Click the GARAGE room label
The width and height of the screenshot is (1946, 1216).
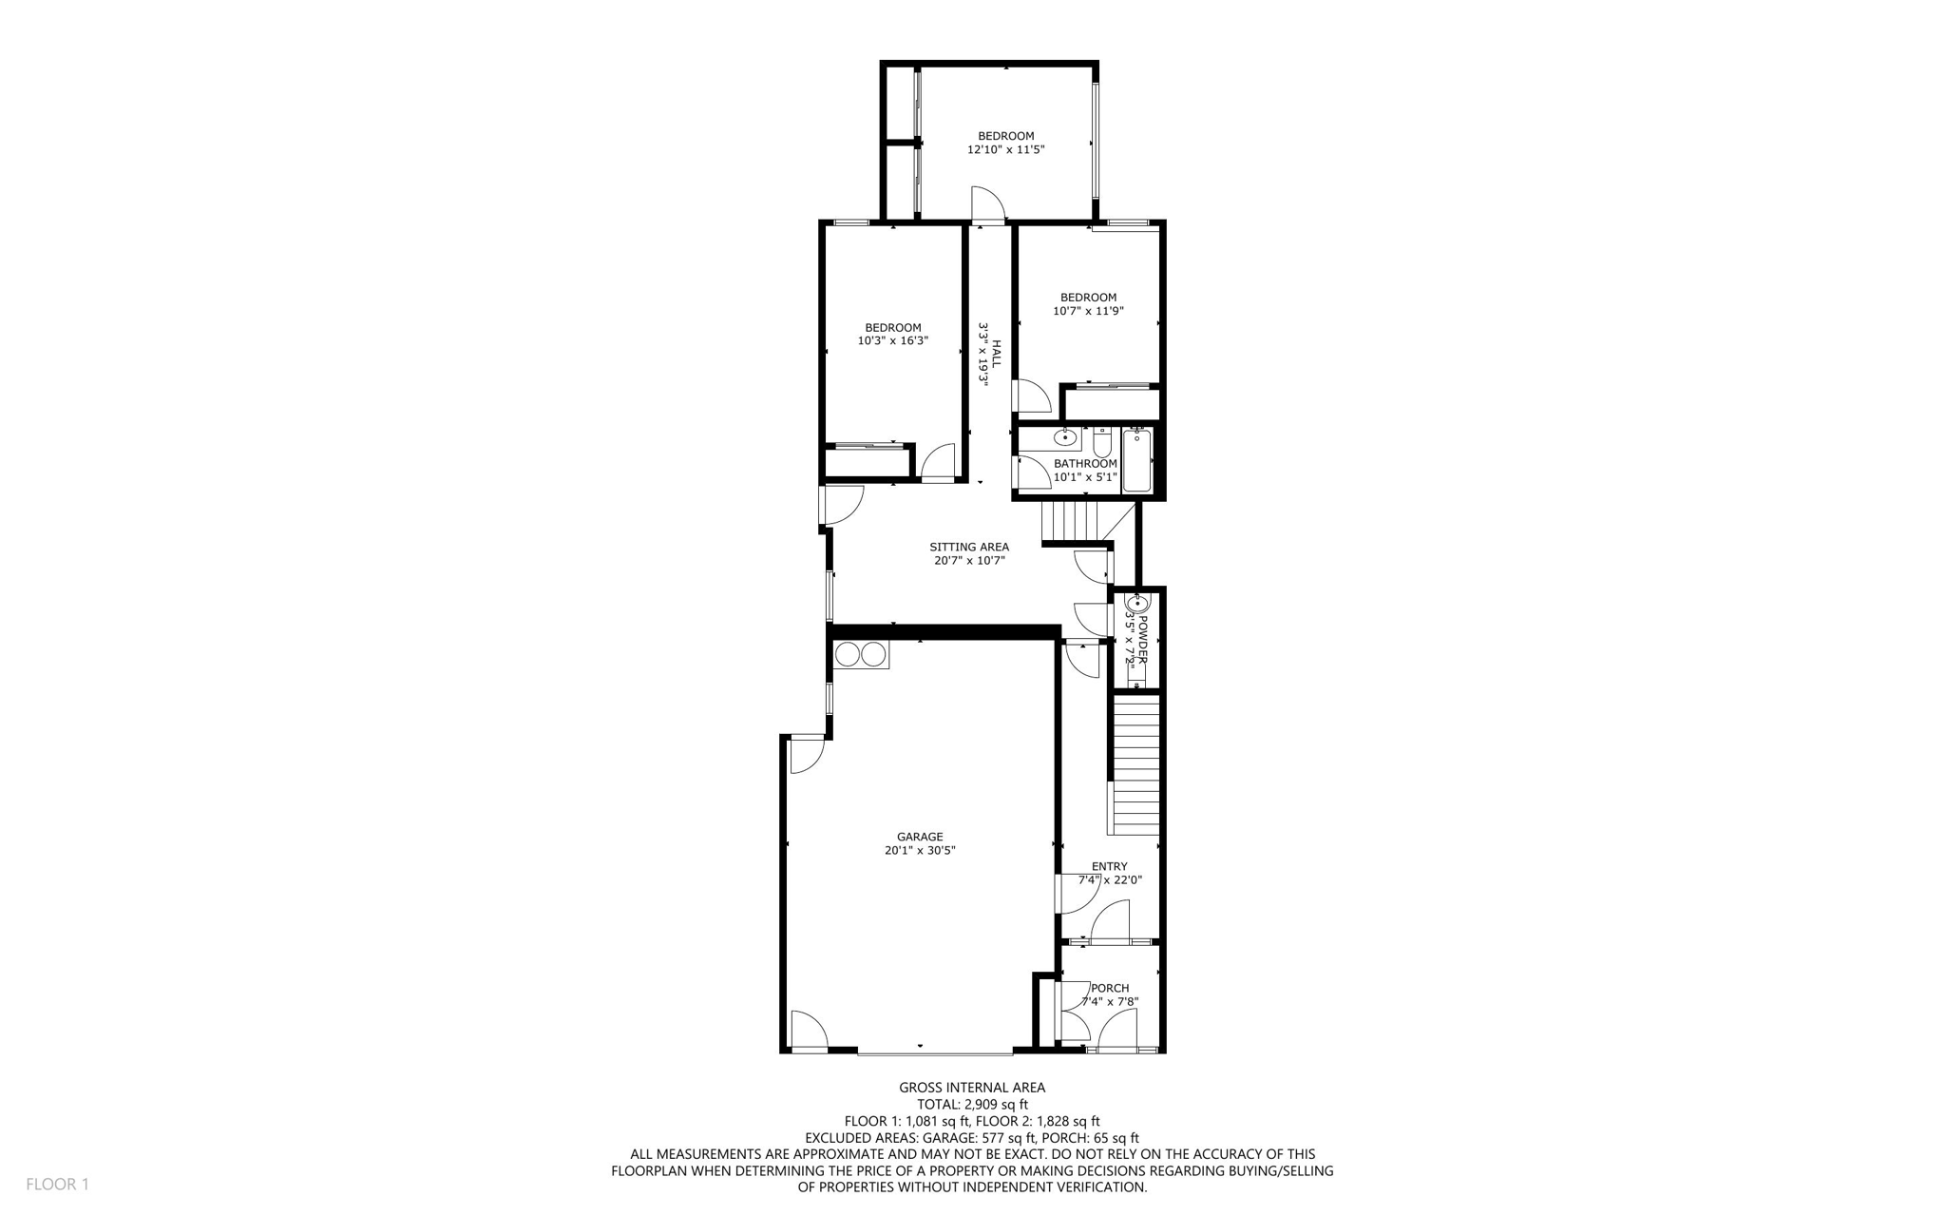[919, 837]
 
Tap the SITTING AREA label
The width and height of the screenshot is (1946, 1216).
[968, 547]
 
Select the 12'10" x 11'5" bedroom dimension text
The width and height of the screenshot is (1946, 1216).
[1005, 150]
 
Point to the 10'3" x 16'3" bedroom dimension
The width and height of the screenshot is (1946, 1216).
[892, 341]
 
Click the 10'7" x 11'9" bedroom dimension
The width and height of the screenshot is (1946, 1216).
[1088, 311]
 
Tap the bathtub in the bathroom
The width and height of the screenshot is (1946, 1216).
[1136, 461]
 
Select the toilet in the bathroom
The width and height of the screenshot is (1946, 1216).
[1102, 443]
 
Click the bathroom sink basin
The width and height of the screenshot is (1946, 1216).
[1066, 438]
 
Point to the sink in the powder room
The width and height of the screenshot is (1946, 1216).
[1136, 603]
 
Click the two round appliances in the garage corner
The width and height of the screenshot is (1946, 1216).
[861, 654]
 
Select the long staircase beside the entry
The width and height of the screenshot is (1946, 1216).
[1136, 765]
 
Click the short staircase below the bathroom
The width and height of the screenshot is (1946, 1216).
[1070, 521]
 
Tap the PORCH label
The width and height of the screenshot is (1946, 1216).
[1109, 988]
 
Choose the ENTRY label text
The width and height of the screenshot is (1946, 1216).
[1109, 866]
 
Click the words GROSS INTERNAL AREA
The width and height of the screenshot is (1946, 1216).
[971, 1088]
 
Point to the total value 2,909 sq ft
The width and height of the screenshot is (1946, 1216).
[995, 1105]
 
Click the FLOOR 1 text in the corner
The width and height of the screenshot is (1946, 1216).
[57, 1185]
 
